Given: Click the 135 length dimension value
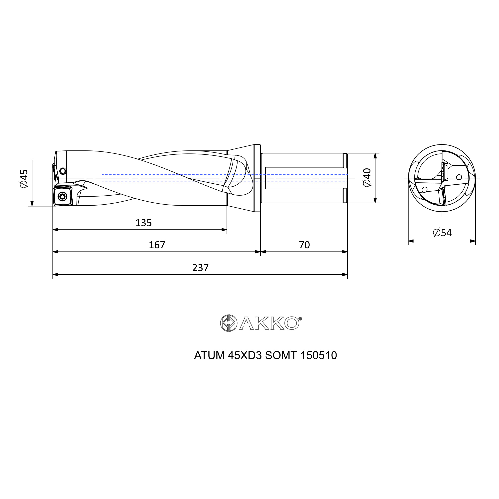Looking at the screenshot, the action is coord(144,223).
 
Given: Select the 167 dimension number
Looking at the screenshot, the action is coord(157,245).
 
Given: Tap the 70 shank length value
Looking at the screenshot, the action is coord(304,245).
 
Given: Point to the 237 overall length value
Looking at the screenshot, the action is coord(200,267).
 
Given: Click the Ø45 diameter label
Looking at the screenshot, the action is coord(23,178).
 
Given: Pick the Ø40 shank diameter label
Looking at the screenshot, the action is coord(367,177).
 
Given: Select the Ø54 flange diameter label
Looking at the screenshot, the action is coord(442,233).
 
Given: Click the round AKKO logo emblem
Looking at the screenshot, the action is coord(229,323).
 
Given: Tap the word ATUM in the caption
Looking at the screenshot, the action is coord(210,355).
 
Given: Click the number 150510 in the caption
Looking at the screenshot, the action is coord(319,355).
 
